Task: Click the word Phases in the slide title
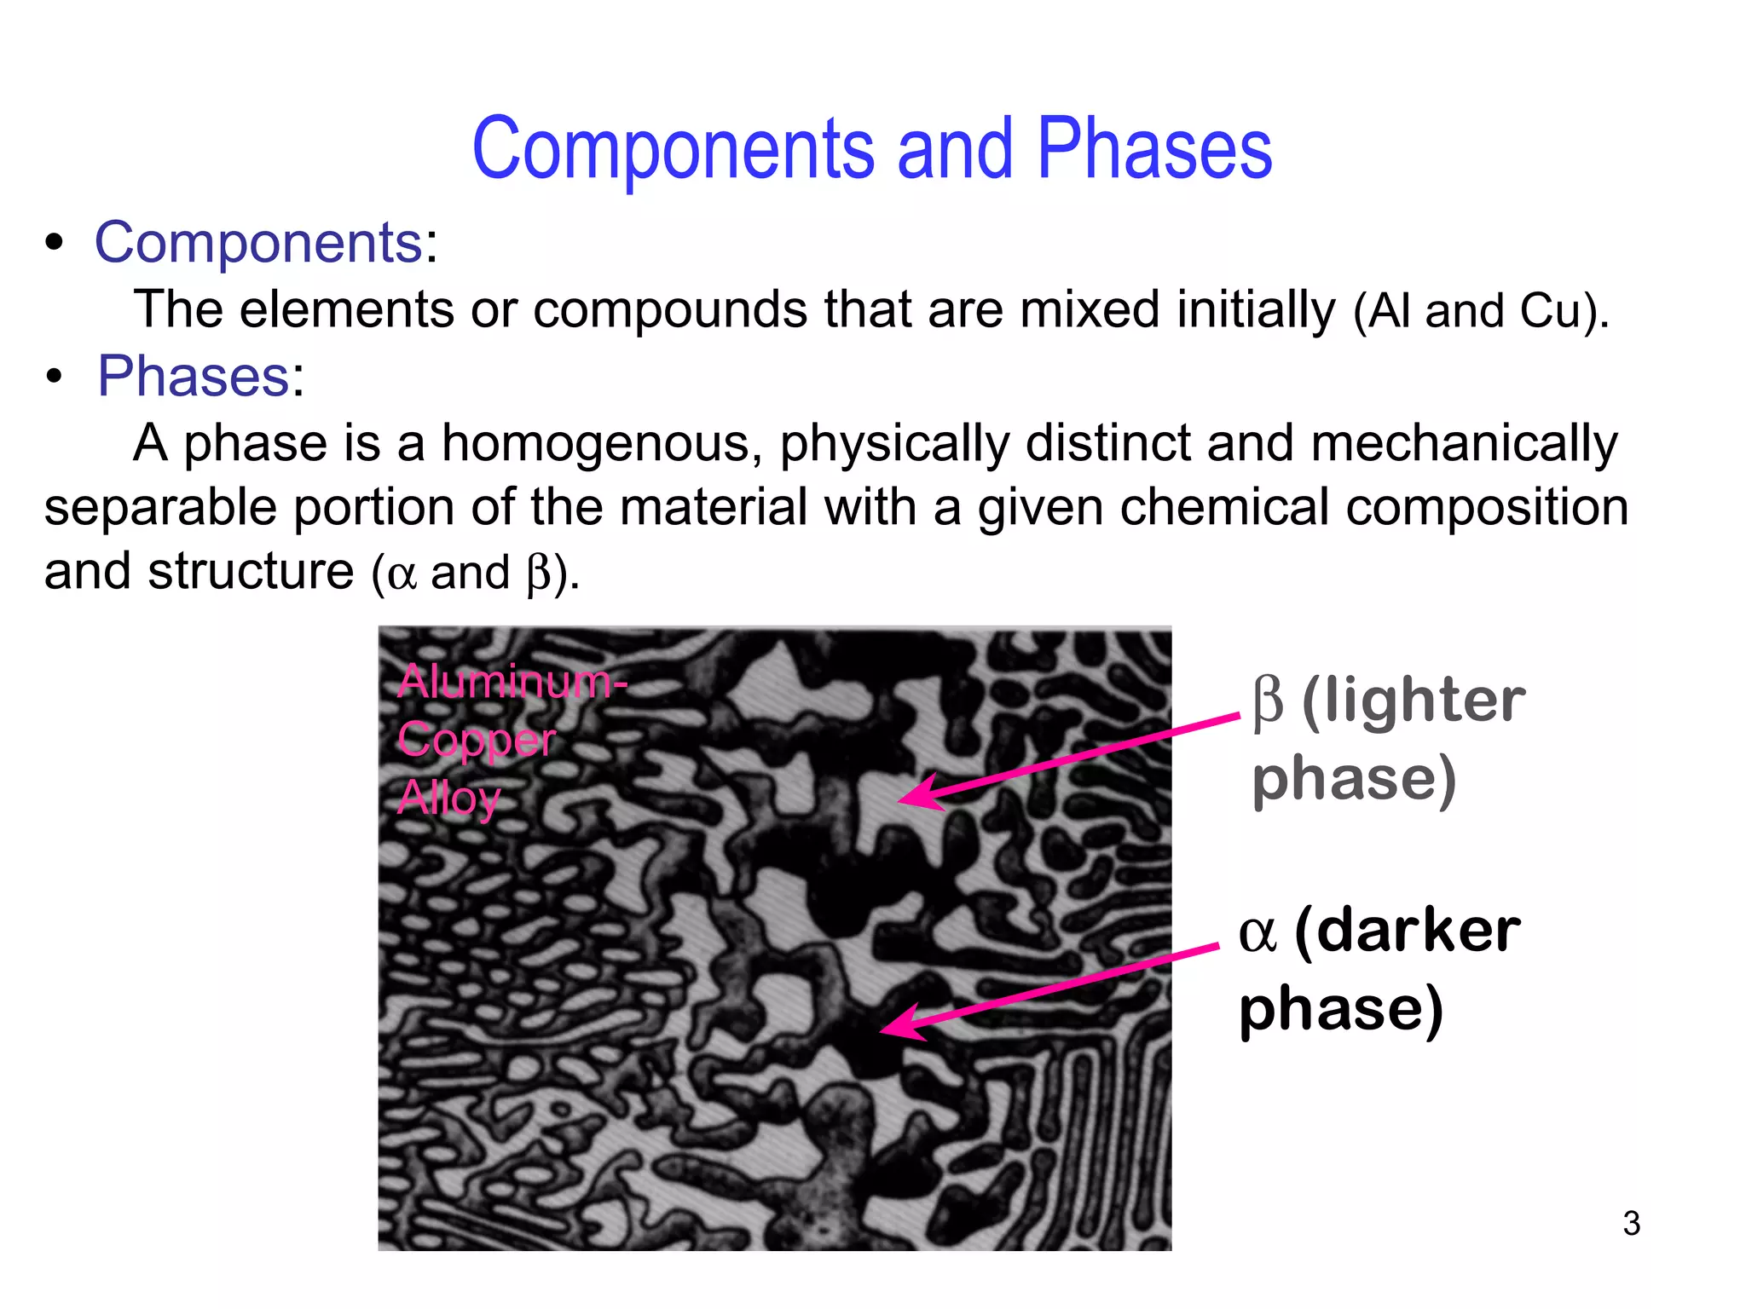coord(1153,148)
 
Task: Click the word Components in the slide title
coord(673,148)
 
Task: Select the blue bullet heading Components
coord(258,243)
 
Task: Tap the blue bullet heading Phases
coord(194,376)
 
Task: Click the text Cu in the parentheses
coord(1551,311)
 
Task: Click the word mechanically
coord(1463,445)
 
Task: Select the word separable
coord(160,508)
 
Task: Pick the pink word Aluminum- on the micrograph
coord(512,682)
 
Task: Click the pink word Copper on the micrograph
coord(477,740)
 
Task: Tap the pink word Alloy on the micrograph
coord(448,799)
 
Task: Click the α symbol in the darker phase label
coord(1257,932)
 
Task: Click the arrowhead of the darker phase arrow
coord(891,1026)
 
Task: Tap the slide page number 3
coord(1631,1224)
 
